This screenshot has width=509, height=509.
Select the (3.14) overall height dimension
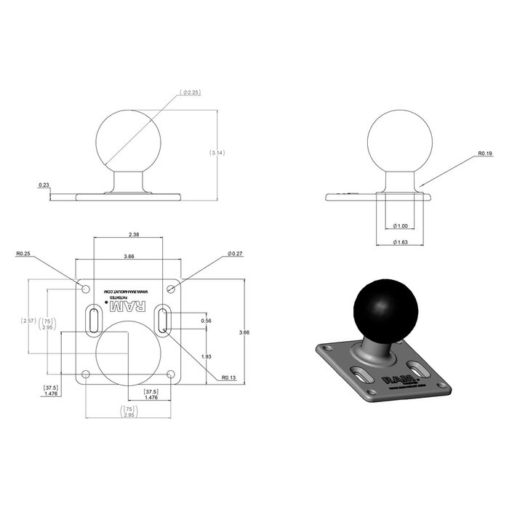(217, 153)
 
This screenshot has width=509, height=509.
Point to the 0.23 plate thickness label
(44, 185)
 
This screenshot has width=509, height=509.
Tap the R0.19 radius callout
(485, 154)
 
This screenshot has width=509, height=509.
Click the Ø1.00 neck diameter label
(399, 226)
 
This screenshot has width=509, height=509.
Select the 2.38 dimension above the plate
(134, 235)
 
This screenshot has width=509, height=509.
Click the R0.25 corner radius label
(23, 254)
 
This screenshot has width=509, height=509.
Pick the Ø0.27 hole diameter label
(234, 254)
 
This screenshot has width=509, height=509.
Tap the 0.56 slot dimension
(206, 321)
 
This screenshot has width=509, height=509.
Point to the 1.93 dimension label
(206, 357)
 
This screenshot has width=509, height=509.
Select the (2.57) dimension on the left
(28, 321)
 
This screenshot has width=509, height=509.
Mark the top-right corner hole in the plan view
(171, 289)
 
